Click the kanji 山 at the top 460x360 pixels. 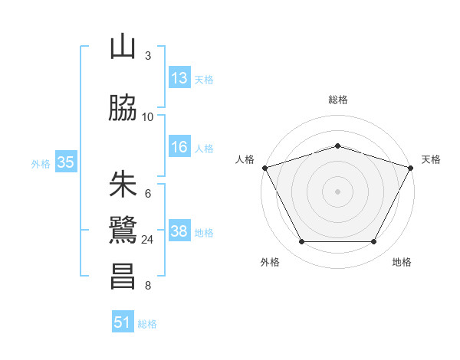point(123,47)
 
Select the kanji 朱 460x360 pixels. point(123,184)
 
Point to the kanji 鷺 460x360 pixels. point(123,230)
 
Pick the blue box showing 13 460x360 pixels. point(179,78)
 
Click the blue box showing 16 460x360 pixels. point(179,147)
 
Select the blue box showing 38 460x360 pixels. point(179,231)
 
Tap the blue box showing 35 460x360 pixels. point(65,162)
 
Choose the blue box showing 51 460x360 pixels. point(123,322)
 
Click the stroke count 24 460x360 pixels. point(147,240)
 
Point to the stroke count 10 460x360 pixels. point(147,117)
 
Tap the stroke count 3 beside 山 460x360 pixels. point(148,56)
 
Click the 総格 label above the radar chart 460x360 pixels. point(337,100)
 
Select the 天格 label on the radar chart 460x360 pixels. point(431,159)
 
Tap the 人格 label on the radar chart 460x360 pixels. point(245,159)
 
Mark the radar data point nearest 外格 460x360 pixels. point(301,242)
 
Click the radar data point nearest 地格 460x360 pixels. point(374,242)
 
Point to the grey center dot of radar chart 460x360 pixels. point(337,191)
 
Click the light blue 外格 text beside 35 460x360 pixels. point(41,163)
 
